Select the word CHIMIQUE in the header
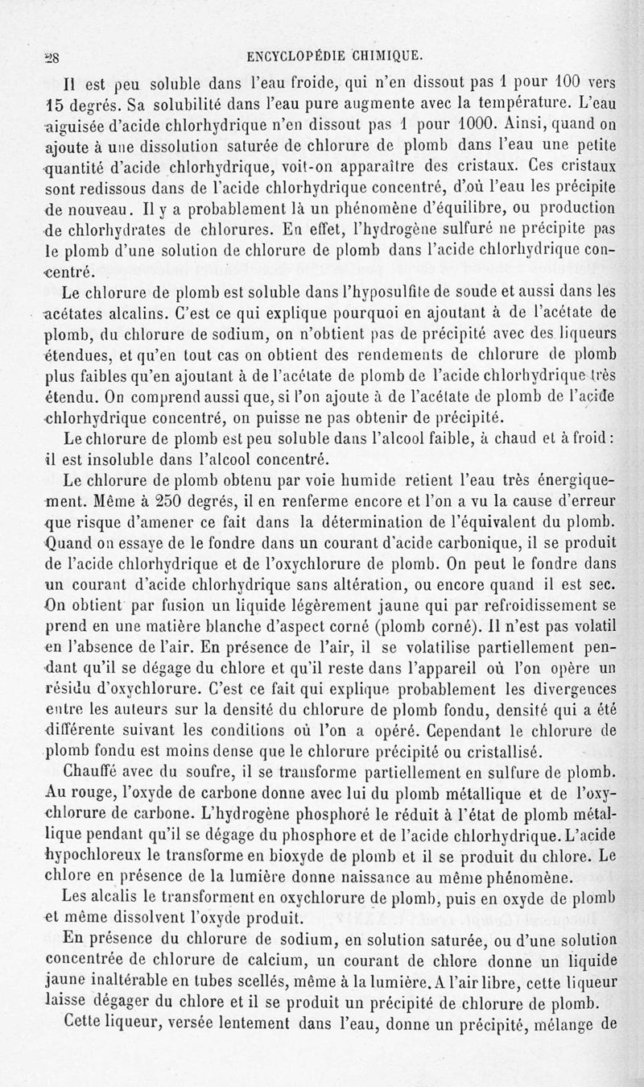click(391, 56)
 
